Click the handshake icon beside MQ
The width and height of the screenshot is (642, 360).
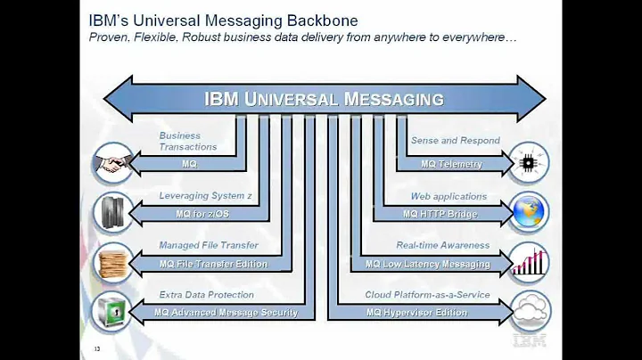(111, 164)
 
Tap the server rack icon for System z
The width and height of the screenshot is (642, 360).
(111, 212)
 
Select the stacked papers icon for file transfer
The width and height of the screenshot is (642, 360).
(111, 263)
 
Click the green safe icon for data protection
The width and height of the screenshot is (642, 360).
(111, 313)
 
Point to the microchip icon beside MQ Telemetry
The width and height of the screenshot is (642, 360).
(529, 164)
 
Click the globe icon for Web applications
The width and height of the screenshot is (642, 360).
(529, 213)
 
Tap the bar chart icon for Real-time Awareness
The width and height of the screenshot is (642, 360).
(529, 263)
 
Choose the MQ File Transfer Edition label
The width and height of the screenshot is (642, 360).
(213, 264)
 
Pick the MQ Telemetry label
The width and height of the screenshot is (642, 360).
(451, 164)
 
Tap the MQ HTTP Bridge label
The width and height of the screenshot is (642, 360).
(440, 214)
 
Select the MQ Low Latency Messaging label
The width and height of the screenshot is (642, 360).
(428, 264)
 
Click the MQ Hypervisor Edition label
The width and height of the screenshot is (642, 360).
(416, 313)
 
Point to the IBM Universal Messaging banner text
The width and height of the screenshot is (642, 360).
(324, 98)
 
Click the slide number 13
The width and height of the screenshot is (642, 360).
(96, 348)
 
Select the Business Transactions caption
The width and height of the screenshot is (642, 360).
(187, 141)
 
